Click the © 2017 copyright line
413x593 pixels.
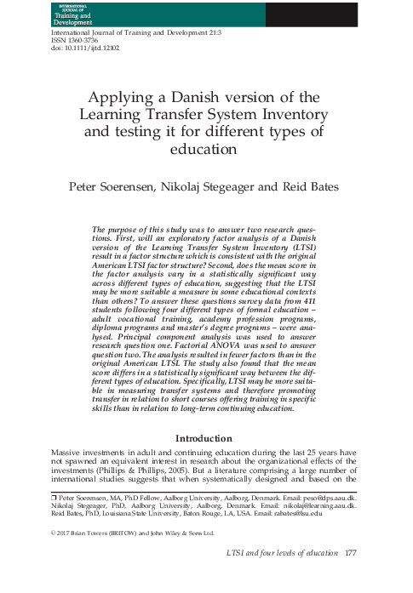(x=133, y=533)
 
